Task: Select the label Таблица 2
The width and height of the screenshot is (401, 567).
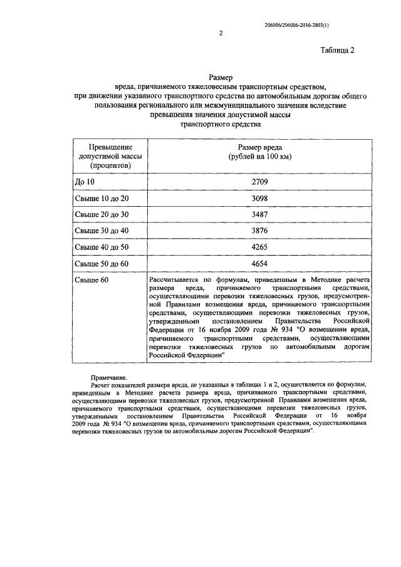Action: pyautogui.click(x=338, y=51)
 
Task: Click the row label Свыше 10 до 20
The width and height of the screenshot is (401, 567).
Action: pyautogui.click(x=101, y=198)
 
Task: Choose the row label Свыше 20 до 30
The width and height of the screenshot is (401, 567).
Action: pyautogui.click(x=101, y=214)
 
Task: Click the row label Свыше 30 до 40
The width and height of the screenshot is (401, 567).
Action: pyautogui.click(x=101, y=231)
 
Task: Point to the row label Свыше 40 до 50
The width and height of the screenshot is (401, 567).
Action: pyautogui.click(x=101, y=247)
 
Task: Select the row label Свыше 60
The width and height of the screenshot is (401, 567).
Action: pyautogui.click(x=91, y=280)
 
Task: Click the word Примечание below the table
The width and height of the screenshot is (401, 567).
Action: pyautogui.click(x=108, y=378)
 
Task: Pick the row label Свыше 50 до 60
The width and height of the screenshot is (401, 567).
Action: pyautogui.click(x=101, y=264)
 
